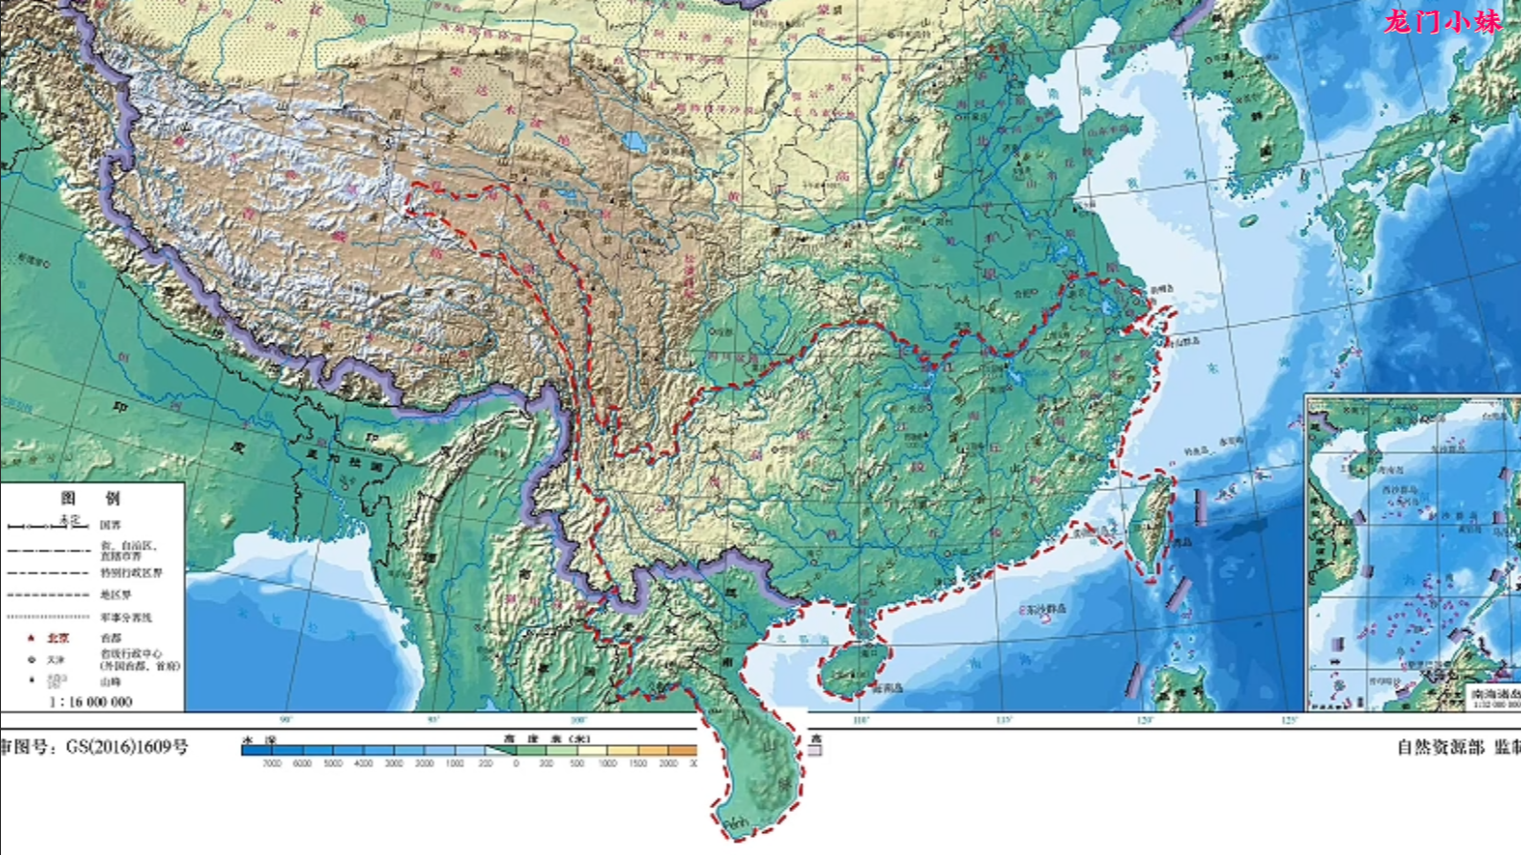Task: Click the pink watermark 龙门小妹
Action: point(1443,21)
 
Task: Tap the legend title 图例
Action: point(91,498)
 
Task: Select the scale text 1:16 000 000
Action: point(90,702)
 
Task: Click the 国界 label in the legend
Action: point(111,525)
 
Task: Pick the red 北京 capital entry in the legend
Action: point(57,638)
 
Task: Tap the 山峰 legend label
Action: point(110,682)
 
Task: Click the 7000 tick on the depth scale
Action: point(272,764)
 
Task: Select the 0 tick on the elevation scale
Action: point(516,764)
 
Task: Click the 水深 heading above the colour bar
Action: point(258,738)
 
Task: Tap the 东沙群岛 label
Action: point(1045,608)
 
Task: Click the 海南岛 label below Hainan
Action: point(886,687)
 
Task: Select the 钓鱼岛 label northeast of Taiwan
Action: point(1197,451)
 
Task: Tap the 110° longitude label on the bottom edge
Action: point(861,720)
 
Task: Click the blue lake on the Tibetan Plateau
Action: point(634,143)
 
